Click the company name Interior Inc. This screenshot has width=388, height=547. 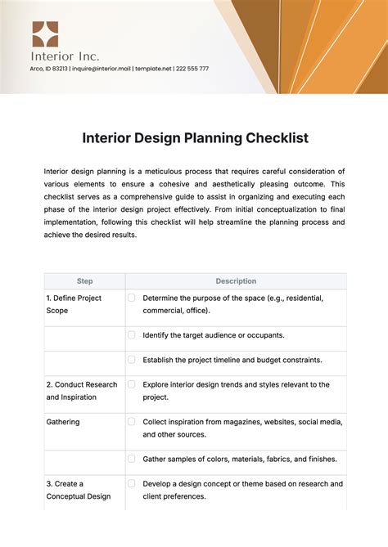coord(65,56)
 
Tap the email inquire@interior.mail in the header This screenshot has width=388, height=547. coord(102,69)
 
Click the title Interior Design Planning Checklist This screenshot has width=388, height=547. coord(195,138)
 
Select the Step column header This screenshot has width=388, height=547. coord(84,281)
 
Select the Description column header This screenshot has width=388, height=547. coord(236,281)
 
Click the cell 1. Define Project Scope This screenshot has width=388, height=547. coord(74,304)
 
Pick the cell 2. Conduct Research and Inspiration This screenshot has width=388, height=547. coord(82,390)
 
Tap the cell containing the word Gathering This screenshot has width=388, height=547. coord(65,421)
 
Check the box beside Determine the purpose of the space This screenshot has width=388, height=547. coord(131,298)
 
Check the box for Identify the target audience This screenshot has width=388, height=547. coord(131,334)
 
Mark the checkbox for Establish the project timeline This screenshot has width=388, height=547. coord(131,359)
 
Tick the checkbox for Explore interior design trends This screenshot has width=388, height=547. coord(131,383)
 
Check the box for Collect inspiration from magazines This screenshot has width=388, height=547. coord(131,421)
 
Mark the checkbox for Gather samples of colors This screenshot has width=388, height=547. coord(131,459)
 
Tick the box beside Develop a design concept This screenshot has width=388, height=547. coord(131,483)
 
